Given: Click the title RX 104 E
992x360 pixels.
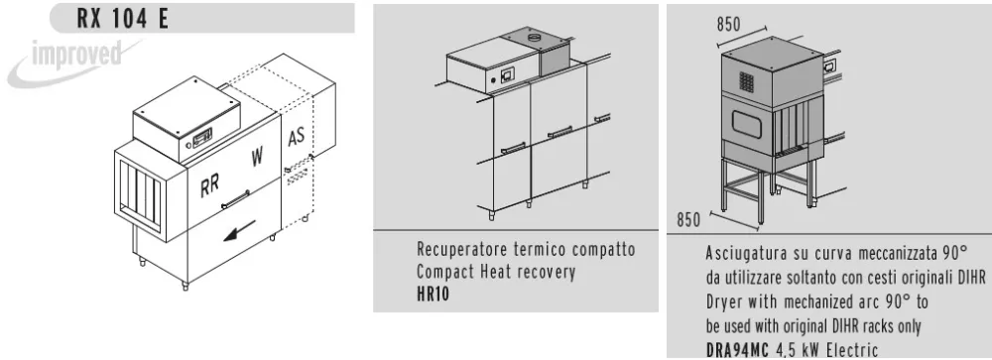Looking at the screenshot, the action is click(x=123, y=18).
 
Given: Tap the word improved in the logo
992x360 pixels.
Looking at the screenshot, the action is click(x=76, y=56).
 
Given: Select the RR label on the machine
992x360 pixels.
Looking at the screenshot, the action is click(x=209, y=187).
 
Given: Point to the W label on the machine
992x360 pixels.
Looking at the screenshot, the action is click(x=257, y=156).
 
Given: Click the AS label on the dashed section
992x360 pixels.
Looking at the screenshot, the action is click(x=296, y=136).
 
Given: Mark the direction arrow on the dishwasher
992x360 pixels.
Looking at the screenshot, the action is click(x=239, y=230).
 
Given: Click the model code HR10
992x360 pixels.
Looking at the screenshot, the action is click(x=433, y=295).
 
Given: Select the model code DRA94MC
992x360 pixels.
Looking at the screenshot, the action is click(x=737, y=350).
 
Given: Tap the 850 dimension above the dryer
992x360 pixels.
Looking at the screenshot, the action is click(x=728, y=24).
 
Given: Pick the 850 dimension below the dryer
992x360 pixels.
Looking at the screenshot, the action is click(x=689, y=219).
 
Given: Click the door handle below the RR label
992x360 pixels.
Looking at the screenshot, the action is click(x=235, y=200).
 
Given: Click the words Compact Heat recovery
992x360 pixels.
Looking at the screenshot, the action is click(x=496, y=273).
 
